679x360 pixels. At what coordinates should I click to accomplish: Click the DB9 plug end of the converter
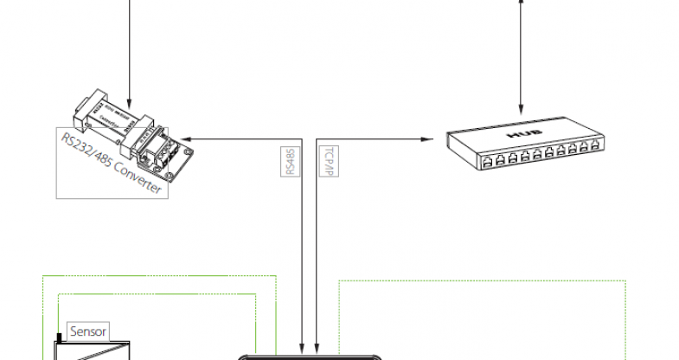point(83,108)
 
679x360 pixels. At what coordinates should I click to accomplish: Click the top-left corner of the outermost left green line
point(42,276)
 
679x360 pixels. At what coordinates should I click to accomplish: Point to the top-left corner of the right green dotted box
point(338,280)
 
